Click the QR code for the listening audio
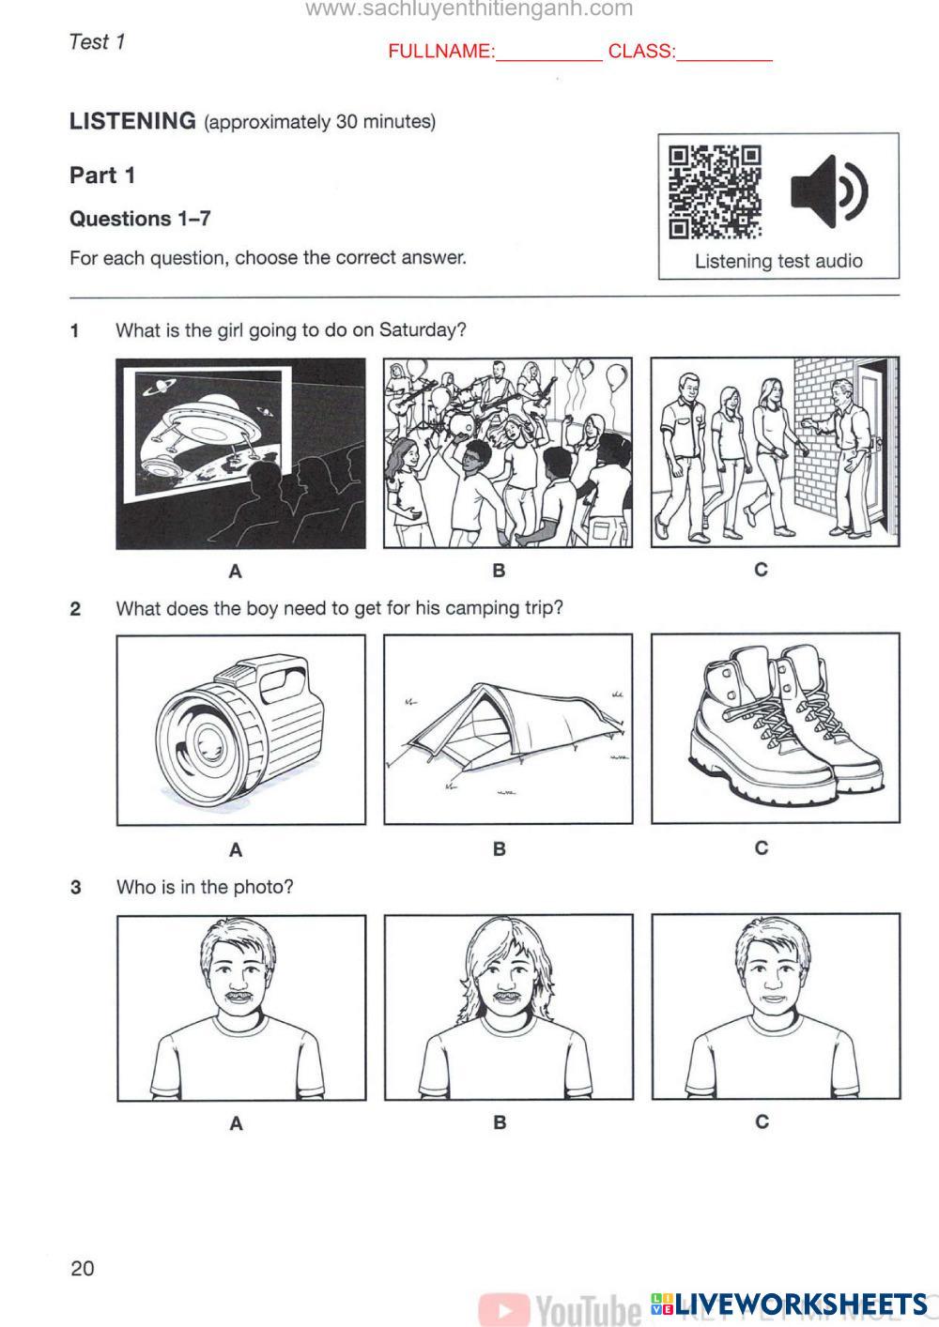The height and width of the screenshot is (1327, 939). pyautogui.click(x=714, y=191)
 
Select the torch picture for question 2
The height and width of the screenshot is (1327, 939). pyautogui.click(x=240, y=729)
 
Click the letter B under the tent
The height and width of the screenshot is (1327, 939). pyautogui.click(x=499, y=848)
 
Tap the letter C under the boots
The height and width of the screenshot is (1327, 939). pyautogui.click(x=762, y=847)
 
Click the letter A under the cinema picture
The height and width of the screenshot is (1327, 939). pyautogui.click(x=236, y=571)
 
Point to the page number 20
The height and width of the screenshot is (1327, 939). pyautogui.click(x=83, y=1268)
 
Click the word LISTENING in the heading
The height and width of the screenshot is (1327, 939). pyautogui.click(x=132, y=121)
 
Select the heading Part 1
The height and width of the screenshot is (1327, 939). pyautogui.click(x=102, y=175)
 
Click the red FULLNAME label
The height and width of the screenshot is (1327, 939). pyautogui.click(x=440, y=52)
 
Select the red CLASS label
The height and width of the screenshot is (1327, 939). pyautogui.click(x=641, y=52)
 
